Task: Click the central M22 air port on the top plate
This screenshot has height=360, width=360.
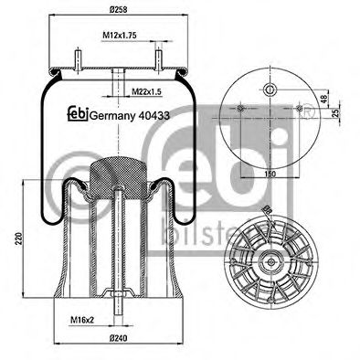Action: [119, 83]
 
